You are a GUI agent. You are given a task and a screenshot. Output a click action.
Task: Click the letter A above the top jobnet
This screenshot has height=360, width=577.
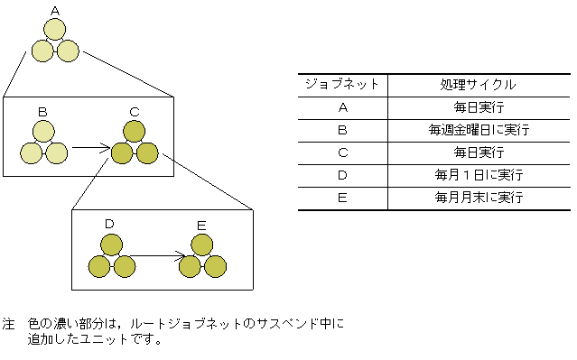tap(56, 11)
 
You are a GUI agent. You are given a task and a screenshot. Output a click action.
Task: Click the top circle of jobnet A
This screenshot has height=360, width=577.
tap(56, 29)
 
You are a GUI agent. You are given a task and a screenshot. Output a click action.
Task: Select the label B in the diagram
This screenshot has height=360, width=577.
tap(42, 111)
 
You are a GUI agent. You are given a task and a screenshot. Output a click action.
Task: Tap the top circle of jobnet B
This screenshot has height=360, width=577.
tap(42, 132)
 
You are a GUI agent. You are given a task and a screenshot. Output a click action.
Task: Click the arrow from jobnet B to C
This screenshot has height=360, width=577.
tap(90, 147)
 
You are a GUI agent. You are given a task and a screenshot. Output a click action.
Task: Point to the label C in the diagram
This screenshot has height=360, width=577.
tap(134, 111)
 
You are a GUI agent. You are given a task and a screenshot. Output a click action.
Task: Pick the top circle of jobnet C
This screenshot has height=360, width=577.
tap(134, 132)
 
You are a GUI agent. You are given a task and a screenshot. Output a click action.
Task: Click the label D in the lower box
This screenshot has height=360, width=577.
tap(109, 224)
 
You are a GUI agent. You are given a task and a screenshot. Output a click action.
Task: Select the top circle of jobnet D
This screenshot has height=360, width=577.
tap(111, 245)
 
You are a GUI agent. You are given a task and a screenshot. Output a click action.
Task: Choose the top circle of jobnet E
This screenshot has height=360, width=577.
tap(202, 245)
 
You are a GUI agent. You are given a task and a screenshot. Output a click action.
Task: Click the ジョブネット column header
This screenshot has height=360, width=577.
tap(342, 85)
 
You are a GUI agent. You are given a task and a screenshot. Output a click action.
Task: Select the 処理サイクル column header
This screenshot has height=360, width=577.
tap(479, 85)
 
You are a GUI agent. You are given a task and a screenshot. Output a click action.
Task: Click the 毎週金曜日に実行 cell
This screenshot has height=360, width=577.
tap(479, 130)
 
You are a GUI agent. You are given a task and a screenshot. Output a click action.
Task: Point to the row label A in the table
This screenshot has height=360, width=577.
tap(342, 107)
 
